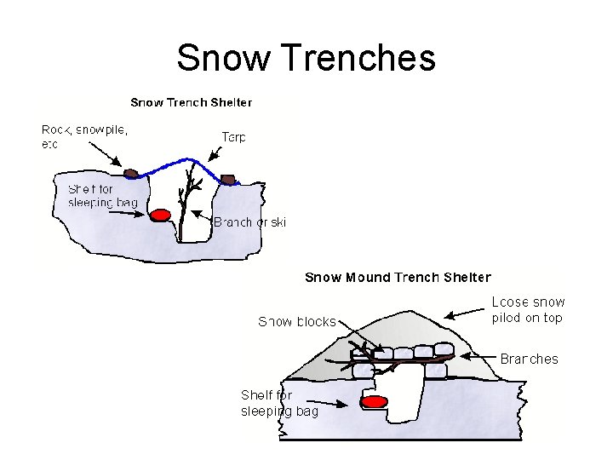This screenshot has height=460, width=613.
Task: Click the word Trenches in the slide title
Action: (357, 58)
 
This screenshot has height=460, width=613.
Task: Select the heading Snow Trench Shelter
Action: (191, 102)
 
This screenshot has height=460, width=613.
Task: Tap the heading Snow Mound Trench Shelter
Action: (398, 277)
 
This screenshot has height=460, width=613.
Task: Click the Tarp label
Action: (234, 136)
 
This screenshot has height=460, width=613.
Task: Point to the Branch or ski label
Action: (249, 222)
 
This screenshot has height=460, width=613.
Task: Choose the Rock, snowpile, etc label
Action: (84, 137)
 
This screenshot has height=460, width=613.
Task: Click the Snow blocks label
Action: (297, 321)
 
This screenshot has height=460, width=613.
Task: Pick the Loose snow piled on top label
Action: (528, 310)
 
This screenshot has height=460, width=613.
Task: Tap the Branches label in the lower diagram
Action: (529, 359)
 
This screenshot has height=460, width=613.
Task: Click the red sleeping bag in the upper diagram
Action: (160, 215)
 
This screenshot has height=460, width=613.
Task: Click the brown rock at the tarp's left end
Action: (130, 174)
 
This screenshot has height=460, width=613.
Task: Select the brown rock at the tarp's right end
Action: (227, 179)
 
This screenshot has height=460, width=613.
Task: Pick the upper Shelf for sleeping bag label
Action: (102, 195)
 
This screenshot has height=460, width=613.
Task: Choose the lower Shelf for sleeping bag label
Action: (279, 403)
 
